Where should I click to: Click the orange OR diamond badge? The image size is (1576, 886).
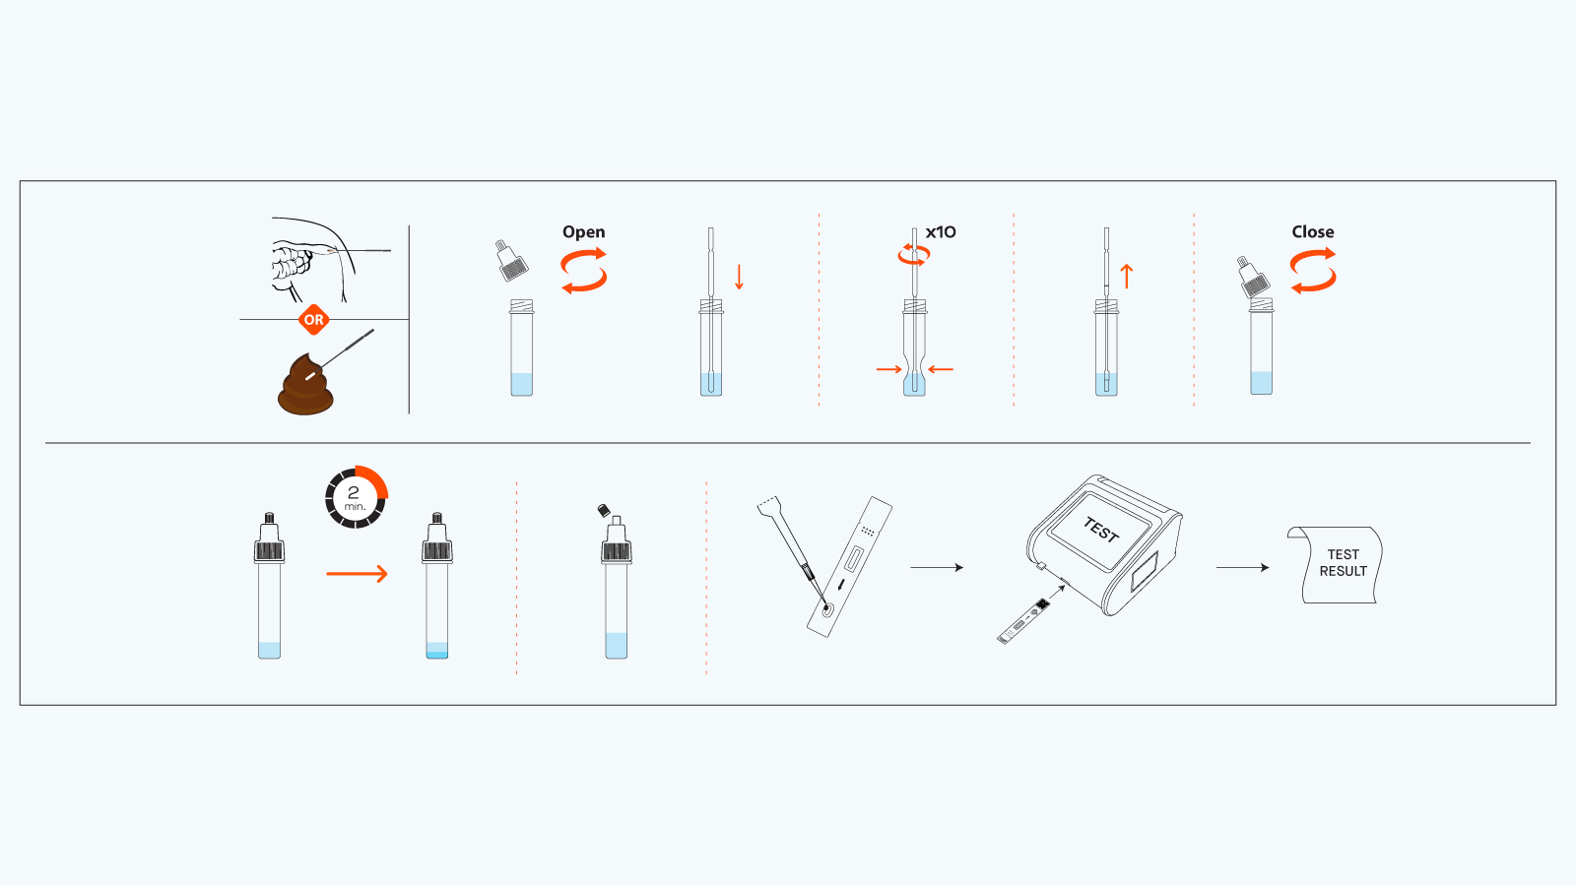pos(313,320)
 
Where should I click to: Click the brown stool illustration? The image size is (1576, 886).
pos(305,389)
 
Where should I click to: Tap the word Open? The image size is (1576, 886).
pos(583,232)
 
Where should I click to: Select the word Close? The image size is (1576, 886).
pos(1312,232)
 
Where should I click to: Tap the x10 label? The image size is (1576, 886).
pos(941,232)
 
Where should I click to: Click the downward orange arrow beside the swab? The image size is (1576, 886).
pos(739,277)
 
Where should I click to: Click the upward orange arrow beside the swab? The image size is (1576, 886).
pos(1127,277)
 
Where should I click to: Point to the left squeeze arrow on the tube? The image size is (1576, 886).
pos(888,369)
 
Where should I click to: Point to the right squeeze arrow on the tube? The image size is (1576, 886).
pos(941,369)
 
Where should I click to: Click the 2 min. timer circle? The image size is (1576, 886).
pos(356,497)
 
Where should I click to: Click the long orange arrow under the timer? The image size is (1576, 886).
pos(357,574)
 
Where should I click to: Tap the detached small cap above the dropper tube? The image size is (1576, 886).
pos(604,510)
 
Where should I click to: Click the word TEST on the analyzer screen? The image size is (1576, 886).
pos(1101,531)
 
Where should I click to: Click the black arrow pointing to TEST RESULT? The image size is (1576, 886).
pos(1242,567)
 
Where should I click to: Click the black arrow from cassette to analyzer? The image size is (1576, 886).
pos(936,567)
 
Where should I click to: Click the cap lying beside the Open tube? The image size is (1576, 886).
pos(511,261)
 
